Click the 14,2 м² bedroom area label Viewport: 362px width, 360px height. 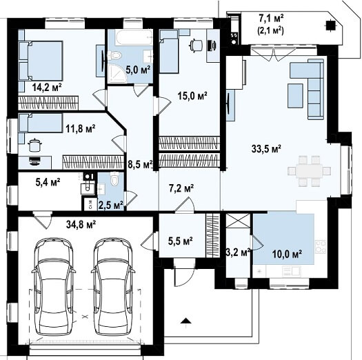click(47, 88)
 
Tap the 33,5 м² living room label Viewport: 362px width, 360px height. click(266, 149)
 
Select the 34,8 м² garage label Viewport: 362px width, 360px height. click(81, 224)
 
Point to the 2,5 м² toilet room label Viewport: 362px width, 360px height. click(111, 205)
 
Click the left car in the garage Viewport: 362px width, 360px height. click(54, 287)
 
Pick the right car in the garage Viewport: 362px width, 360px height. click(113, 287)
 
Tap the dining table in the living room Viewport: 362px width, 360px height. click(310, 171)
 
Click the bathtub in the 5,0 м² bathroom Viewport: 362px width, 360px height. click(134, 37)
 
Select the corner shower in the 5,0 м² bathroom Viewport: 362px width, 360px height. click(118, 73)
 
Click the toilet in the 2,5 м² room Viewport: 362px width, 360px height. click(114, 179)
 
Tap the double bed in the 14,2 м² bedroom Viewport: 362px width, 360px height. click(41, 61)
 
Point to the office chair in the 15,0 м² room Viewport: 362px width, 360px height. click(196, 45)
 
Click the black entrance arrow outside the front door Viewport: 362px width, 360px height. click(185, 321)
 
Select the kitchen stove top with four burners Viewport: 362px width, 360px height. click(321, 247)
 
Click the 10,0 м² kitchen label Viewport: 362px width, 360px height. click(288, 254)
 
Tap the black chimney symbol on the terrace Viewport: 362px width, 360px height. click(330, 25)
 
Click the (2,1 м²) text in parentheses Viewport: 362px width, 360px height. click(270, 30)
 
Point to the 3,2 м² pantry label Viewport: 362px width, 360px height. click(238, 252)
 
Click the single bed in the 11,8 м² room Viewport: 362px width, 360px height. click(41, 123)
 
